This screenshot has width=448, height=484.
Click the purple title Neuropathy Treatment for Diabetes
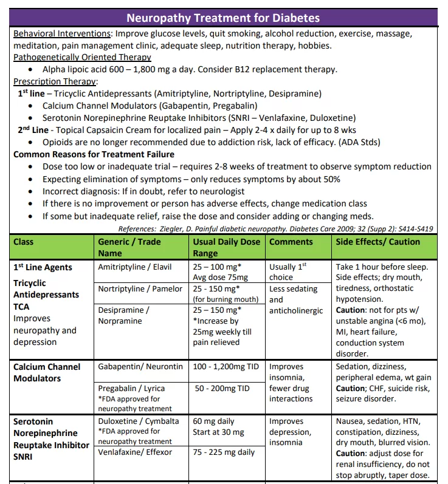[223, 17]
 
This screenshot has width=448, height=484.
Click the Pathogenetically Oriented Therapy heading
[82, 57]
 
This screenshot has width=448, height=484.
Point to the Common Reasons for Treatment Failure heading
[94, 154]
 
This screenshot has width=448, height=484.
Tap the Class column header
[24, 242]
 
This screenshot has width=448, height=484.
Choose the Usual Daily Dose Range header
[226, 247]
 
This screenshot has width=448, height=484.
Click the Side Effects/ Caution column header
[377, 242]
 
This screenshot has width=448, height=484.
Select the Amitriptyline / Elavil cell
[135, 267]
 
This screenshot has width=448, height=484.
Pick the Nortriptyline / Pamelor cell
[140, 289]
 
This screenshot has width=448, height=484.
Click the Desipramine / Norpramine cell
[124, 316]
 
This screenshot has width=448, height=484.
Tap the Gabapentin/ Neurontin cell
[140, 367]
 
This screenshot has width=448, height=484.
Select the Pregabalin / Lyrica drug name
[131, 388]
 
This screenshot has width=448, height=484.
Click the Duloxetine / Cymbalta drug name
[139, 421]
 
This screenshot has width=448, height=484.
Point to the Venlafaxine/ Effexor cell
[135, 452]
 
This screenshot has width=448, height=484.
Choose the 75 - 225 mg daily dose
[224, 452]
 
